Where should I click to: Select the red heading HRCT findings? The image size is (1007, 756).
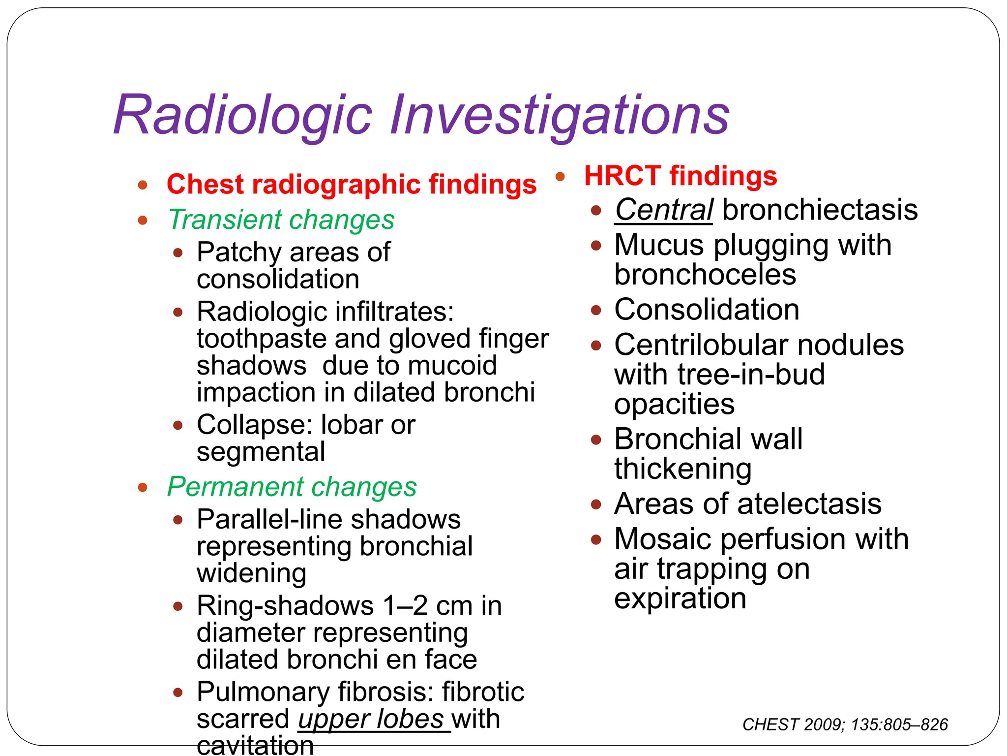[x=681, y=176]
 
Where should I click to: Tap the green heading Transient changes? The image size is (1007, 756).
[x=281, y=220]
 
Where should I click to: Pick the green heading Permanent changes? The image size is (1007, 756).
[x=292, y=487]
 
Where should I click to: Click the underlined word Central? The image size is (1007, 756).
[x=664, y=210]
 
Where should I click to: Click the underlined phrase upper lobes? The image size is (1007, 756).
[x=371, y=719]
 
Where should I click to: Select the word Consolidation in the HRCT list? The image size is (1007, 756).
[x=707, y=310]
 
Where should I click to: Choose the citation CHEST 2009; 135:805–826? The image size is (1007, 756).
[x=845, y=724]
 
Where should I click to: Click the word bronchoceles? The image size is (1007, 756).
[x=705, y=275]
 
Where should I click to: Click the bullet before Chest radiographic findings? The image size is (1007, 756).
[x=143, y=185]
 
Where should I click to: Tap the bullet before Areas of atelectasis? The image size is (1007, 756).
[x=596, y=504]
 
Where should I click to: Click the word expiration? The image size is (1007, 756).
[x=680, y=598]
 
